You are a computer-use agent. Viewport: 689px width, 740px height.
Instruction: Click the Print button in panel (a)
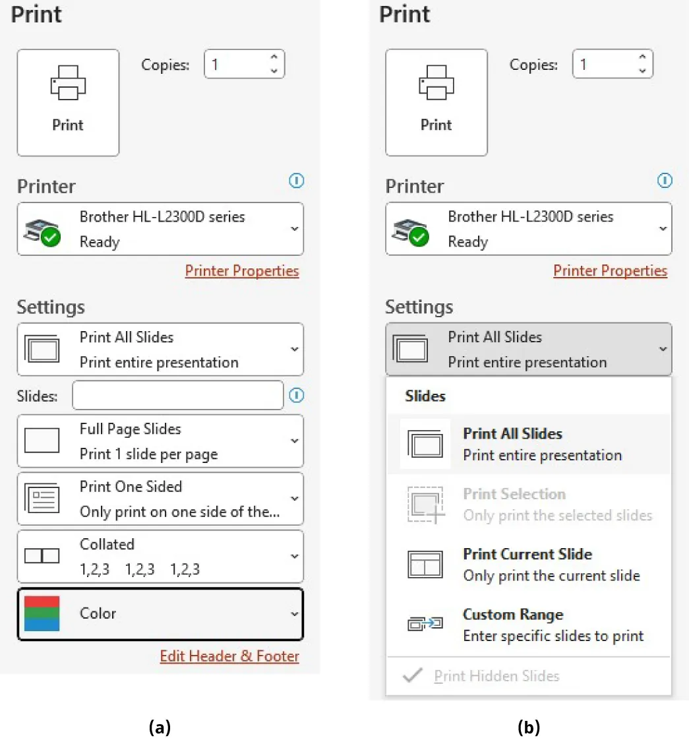coord(68,102)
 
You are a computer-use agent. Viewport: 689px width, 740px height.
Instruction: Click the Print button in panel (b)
coord(436,102)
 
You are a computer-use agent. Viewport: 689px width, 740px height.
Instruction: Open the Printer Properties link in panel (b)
coord(610,270)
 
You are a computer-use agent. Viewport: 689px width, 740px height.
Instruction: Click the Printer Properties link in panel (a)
coord(241,270)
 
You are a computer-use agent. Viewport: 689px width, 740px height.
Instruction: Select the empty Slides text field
coord(178,395)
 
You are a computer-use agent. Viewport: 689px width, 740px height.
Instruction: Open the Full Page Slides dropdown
coord(160,441)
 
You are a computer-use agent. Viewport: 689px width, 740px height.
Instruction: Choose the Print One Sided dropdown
coord(160,499)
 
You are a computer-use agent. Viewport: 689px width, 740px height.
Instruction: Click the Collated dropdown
coord(160,556)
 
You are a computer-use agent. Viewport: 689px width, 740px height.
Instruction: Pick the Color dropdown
coord(160,614)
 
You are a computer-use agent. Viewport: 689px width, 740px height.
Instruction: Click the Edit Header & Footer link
coord(229,656)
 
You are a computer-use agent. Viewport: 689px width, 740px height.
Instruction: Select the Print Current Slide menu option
coord(527,565)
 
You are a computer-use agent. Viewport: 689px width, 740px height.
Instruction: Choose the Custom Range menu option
coord(527,625)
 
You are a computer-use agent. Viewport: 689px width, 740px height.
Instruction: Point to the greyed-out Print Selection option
coord(527,505)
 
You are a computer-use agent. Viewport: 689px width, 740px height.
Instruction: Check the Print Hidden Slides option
coord(496,676)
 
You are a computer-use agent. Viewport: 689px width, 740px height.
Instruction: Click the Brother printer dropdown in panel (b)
coord(528,229)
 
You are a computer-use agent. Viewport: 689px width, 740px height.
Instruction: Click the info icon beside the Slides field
coord(297,395)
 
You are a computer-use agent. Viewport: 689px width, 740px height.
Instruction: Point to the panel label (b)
coord(528,727)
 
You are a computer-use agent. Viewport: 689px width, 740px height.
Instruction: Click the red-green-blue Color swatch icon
coord(42,613)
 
